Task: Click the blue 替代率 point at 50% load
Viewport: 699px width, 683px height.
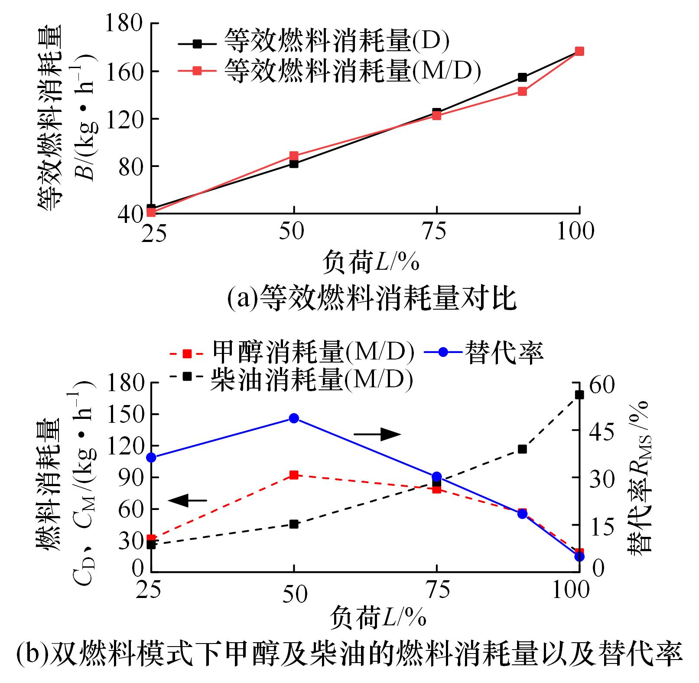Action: point(294,418)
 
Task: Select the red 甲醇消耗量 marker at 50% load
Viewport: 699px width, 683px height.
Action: point(294,475)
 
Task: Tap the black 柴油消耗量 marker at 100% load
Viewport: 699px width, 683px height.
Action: point(579,395)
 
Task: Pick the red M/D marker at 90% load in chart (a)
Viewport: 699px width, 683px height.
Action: point(522,91)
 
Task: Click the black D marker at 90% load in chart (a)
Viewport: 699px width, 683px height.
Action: point(522,77)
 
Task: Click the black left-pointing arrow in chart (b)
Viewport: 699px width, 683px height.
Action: point(188,500)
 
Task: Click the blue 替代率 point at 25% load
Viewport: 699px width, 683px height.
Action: point(151,458)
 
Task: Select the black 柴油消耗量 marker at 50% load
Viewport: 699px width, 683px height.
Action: point(294,524)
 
